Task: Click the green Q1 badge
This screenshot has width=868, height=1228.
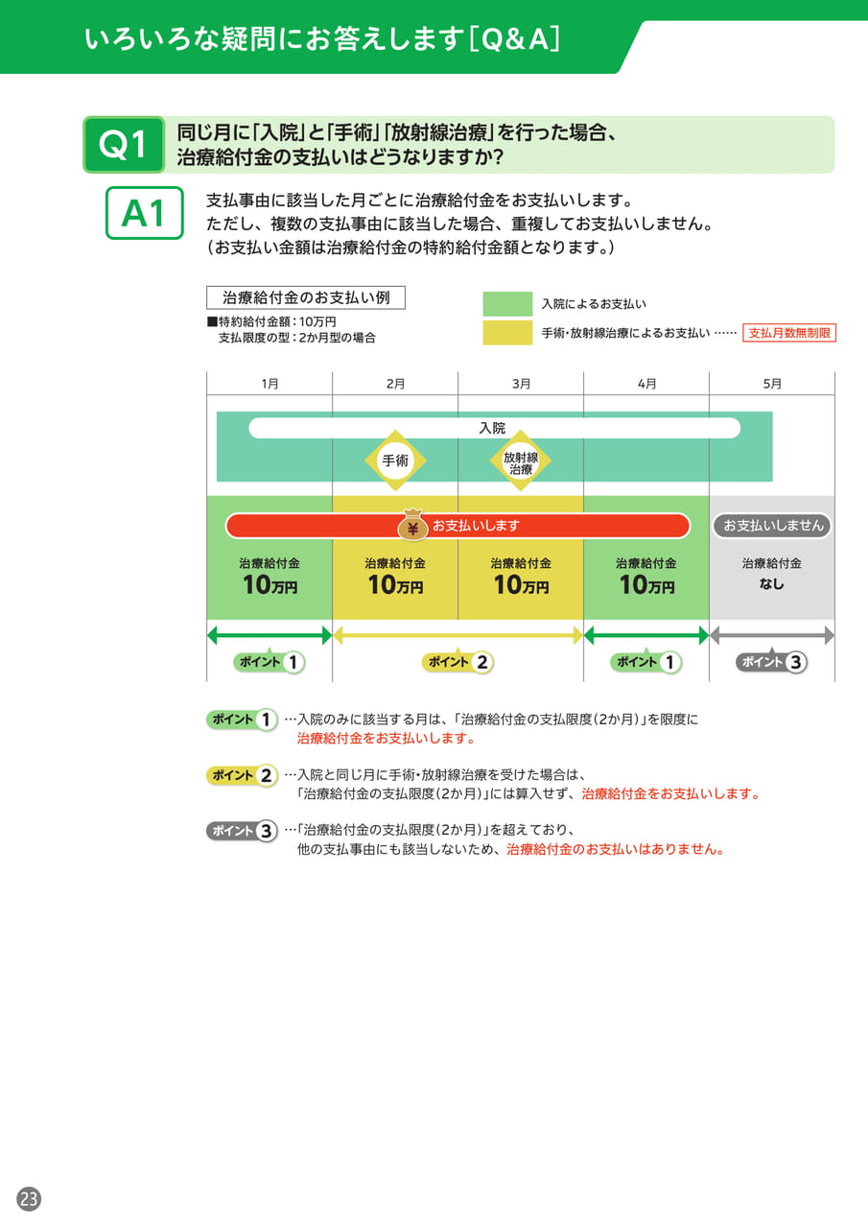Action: (124, 145)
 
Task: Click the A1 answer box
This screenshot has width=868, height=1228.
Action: (144, 213)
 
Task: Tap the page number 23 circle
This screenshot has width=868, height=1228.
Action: (29, 1198)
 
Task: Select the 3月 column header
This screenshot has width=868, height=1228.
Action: (521, 383)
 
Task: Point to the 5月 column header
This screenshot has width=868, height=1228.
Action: (771, 383)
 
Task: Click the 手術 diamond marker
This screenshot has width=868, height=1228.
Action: (395, 460)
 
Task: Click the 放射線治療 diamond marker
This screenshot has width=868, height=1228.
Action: (520, 460)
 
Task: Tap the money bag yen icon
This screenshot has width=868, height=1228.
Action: (412, 525)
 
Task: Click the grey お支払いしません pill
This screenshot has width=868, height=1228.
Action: (771, 526)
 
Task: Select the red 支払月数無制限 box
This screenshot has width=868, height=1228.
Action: (789, 333)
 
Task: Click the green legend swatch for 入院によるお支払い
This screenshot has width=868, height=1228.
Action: (507, 304)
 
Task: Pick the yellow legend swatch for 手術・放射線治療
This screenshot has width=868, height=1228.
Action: (507, 333)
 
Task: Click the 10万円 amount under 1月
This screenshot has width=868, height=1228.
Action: (270, 585)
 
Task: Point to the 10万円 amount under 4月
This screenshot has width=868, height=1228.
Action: (646, 585)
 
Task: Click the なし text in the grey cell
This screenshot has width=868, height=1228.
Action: (771, 584)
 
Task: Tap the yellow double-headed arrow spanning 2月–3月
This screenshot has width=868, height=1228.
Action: (458, 636)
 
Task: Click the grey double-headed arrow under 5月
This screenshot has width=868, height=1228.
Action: (771, 636)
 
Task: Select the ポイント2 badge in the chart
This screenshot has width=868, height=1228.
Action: (458, 662)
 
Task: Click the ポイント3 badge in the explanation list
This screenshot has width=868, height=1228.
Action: (242, 831)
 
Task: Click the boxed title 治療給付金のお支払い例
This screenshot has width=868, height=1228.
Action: (306, 297)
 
